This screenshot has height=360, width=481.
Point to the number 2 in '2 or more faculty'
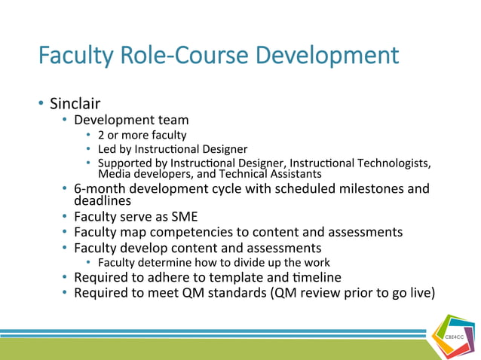[x=101, y=135]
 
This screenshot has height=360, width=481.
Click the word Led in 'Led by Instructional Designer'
[x=107, y=149]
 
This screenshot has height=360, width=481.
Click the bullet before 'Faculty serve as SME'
[x=66, y=217]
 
